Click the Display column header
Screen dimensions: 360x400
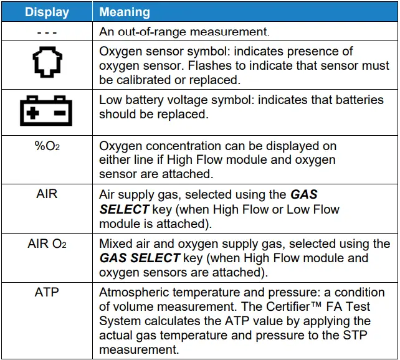tap(47, 12)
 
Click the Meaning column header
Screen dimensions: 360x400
tap(125, 12)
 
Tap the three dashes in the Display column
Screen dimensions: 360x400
tap(47, 30)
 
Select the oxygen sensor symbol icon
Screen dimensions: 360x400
tap(47, 65)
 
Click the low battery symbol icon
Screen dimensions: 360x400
tap(47, 111)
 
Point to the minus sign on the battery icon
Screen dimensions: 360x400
tap(60, 114)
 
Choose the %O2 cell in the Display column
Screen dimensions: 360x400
tap(47, 147)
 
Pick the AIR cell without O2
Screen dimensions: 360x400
tap(47, 194)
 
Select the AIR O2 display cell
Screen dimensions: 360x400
tap(47, 244)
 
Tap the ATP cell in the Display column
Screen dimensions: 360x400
tap(47, 292)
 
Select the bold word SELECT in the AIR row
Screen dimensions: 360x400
tap(125, 210)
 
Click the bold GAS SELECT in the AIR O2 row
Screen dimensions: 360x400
tap(139, 258)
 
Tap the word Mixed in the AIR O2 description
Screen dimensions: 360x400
tap(115, 244)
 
